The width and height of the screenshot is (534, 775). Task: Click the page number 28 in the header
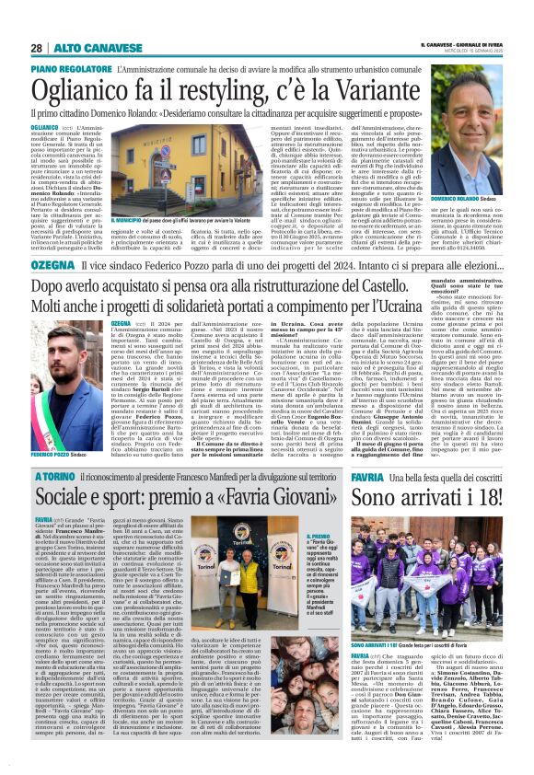36,48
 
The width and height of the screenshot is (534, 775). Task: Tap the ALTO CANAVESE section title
84,48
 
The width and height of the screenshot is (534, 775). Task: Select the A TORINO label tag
57,478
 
